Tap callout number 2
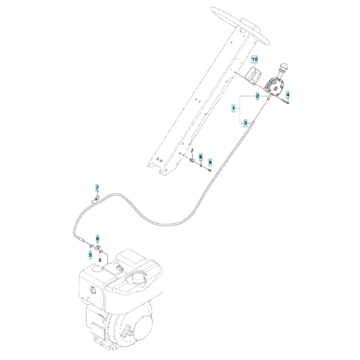[x=257, y=96]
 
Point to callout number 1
[x=233, y=109]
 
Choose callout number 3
[x=244, y=123]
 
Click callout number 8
[x=201, y=156]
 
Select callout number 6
[x=98, y=238]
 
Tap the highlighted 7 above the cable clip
[x=98, y=188]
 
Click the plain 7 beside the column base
[x=192, y=150]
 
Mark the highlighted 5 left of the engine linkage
[x=91, y=255]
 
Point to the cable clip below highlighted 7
[x=94, y=200]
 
